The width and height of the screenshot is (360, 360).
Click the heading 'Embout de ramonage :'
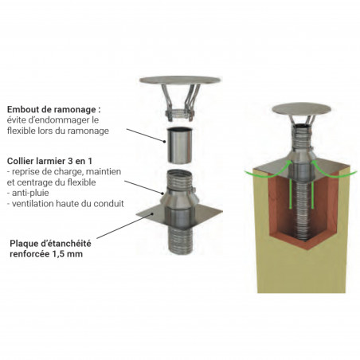tap(54, 109)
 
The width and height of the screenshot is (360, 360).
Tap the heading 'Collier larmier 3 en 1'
tap(49, 161)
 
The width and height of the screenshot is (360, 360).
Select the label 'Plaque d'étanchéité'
tap(50, 243)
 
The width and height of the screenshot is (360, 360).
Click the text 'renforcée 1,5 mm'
tap(46, 254)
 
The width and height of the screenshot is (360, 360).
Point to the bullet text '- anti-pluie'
tap(28, 193)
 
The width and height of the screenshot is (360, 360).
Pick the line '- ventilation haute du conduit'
tap(65, 204)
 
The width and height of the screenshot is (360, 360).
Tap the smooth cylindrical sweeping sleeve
tap(180, 146)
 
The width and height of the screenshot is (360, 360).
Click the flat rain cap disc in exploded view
tap(180, 80)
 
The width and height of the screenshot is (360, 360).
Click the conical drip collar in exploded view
tap(180, 198)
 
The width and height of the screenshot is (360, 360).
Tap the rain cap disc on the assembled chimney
tap(302, 110)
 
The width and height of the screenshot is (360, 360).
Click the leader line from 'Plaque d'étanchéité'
tap(124, 226)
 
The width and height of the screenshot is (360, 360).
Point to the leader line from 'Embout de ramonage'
tap(146, 135)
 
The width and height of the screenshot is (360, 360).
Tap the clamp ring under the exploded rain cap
tap(179, 114)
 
